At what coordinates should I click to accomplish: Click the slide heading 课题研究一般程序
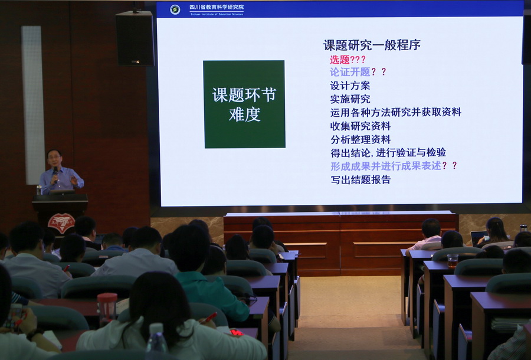click(x=372, y=45)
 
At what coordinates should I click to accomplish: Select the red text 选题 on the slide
click(x=340, y=60)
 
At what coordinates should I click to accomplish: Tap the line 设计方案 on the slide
click(x=350, y=86)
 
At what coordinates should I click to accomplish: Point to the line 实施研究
click(x=350, y=99)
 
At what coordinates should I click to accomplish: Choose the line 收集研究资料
click(x=360, y=126)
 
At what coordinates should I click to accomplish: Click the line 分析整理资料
click(x=360, y=139)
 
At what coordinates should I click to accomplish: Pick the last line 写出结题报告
click(x=360, y=179)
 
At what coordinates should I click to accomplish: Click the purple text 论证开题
click(x=350, y=72)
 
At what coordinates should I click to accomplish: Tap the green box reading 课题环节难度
click(x=244, y=104)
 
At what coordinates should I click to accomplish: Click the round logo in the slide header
click(x=175, y=9)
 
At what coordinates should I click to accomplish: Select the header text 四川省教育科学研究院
click(x=216, y=7)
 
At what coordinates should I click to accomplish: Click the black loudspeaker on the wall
click(x=135, y=38)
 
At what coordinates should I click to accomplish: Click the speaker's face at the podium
click(x=54, y=158)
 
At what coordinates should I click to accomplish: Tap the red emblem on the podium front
click(x=61, y=222)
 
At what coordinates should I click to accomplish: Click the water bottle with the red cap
click(x=107, y=309)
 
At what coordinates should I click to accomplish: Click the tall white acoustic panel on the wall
click(x=33, y=105)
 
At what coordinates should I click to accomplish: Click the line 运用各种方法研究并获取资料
click(x=395, y=112)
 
